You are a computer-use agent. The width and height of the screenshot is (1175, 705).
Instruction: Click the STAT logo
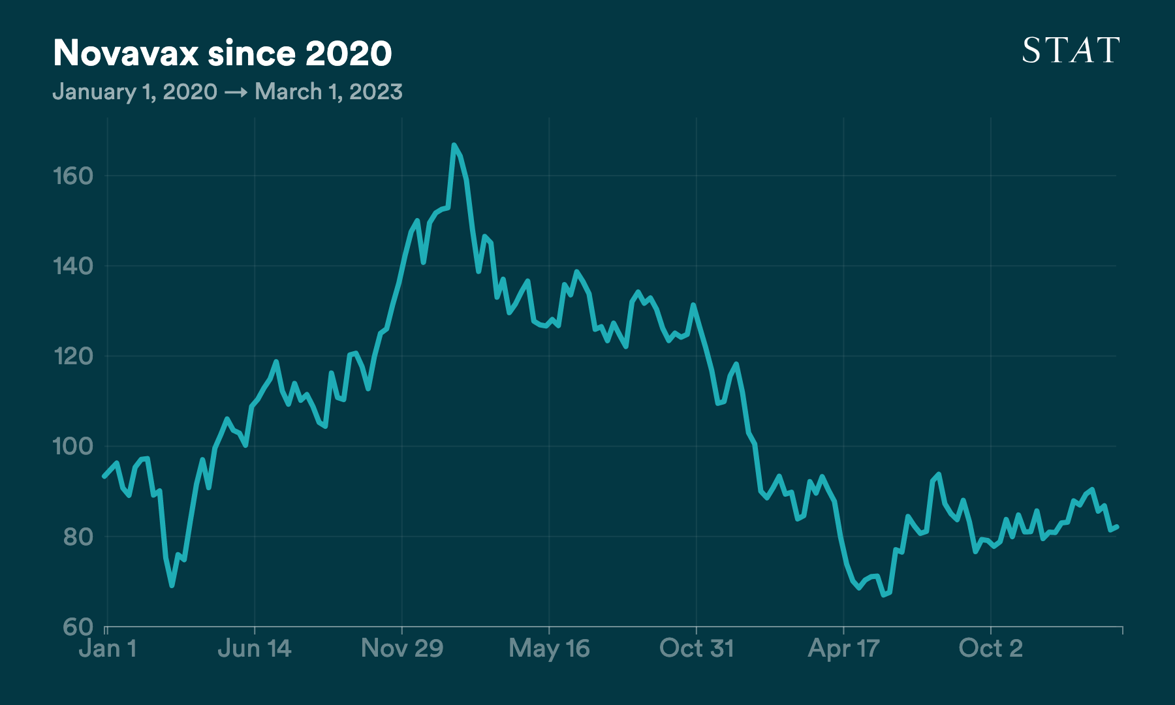coord(1071,50)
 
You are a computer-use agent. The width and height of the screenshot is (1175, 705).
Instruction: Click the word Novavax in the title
coord(125,54)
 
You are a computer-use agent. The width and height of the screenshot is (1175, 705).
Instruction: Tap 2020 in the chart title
coord(349,54)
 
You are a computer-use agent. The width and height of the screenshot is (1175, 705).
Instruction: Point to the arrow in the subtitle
coord(236,92)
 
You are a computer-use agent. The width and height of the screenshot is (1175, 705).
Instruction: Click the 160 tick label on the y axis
coord(73,176)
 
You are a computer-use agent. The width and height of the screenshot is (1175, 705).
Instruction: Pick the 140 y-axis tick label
coord(73,266)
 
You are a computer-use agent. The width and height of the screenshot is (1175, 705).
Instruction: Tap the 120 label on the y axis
coord(73,356)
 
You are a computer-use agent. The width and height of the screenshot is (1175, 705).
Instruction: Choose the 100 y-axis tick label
coord(73,446)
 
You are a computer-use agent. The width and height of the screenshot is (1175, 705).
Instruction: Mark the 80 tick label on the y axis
coord(78,537)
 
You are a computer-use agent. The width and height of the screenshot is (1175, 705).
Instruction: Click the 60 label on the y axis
coord(78,627)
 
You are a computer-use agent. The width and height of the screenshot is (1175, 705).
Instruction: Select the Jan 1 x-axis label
coord(108,648)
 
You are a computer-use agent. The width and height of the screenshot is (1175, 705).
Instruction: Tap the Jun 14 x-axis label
coord(254,648)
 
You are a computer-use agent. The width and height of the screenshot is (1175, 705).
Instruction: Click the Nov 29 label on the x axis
coord(402,648)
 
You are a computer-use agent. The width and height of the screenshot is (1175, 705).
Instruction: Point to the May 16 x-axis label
coord(549,648)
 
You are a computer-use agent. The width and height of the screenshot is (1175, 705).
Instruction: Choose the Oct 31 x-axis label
coord(697,648)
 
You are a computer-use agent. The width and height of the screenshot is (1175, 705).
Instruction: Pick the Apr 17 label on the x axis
coord(843,648)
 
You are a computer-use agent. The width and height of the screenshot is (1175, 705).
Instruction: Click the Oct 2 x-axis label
coord(990,648)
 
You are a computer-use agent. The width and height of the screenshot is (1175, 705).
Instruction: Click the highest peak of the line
coord(454,145)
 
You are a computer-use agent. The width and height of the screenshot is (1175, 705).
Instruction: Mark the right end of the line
coord(1118,527)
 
